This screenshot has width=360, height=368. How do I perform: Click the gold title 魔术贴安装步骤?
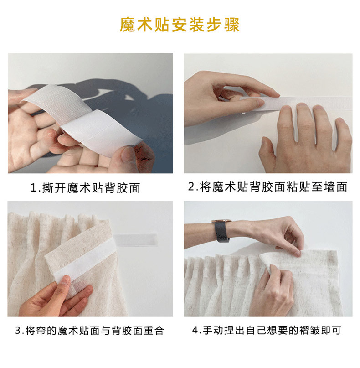coord(180,25)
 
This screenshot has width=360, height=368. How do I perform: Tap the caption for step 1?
coord(85,188)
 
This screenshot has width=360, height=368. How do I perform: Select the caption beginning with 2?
coord(267,187)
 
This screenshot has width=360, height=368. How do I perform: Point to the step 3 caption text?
coord(90,331)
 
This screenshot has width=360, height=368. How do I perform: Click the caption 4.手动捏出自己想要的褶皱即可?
coord(267,330)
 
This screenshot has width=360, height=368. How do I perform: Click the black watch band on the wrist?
coord(221,232)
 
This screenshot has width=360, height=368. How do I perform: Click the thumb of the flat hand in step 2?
coord(267,150)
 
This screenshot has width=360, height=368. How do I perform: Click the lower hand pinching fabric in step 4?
coord(272,291)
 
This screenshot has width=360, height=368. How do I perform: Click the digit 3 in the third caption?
coord(18,331)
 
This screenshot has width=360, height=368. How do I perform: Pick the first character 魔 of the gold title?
coord(127,25)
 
